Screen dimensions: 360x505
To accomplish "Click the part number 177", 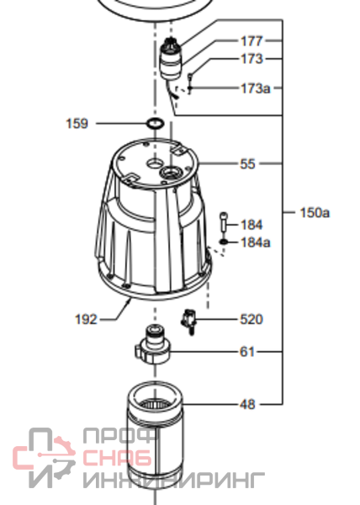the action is click(251, 41).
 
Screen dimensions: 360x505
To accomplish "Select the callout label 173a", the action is click(256, 88).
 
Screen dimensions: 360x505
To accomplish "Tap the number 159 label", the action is click(77, 124).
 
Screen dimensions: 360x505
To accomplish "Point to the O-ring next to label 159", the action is click(155, 124).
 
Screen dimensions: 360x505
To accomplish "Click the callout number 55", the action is click(247, 164).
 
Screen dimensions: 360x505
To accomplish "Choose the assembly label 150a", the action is click(315, 213).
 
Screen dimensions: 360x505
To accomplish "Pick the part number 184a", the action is click(256, 242).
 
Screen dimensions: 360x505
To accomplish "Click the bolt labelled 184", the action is click(224, 221).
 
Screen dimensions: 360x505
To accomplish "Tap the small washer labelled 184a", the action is click(224, 242).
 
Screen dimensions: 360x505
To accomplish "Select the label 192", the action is click(86, 320).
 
